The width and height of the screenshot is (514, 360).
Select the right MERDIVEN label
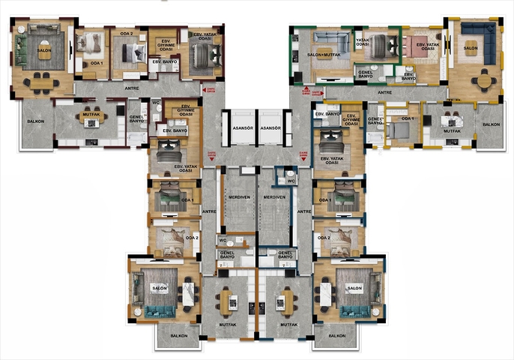pyautogui.click(x=275, y=197)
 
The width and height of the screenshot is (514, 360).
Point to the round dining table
pyautogui.click(x=486, y=77)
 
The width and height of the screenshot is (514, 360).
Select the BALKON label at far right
pyautogui.click(x=492, y=124)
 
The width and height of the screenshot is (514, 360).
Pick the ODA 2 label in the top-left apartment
pyautogui.click(x=127, y=34)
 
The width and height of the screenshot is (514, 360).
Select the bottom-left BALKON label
pyautogui.click(x=179, y=335)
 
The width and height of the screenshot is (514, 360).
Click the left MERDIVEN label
pyautogui.click(x=239, y=197)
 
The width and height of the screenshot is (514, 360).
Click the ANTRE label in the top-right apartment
pyautogui.click(x=384, y=92)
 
